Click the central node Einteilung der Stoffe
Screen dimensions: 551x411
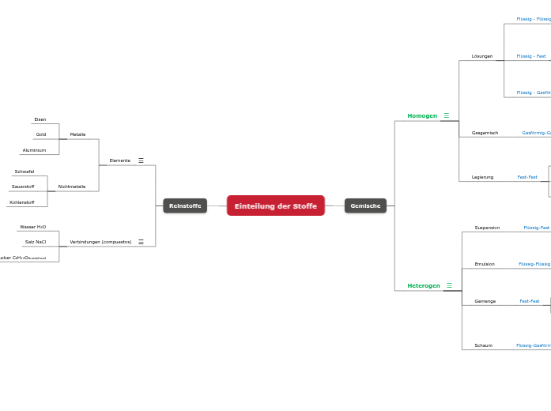coord(275,205)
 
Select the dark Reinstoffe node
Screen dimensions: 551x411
coord(185,205)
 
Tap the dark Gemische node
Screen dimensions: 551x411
coord(365,205)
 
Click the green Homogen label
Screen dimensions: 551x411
coord(422,116)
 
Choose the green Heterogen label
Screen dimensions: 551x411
coord(424,285)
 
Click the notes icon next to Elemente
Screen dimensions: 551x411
coord(141,160)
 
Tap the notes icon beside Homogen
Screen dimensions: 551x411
coord(446,116)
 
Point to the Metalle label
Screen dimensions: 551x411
coord(77,134)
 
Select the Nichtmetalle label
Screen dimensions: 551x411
coord(72,187)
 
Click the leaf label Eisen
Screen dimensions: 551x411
coord(40,119)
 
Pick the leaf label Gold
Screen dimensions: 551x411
coord(41,134)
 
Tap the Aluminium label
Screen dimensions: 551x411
coord(34,150)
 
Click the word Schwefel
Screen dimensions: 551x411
coord(25,172)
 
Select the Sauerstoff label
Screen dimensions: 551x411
coord(23,187)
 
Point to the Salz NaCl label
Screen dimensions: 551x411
coord(36,242)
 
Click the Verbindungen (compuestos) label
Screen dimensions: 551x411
coord(100,242)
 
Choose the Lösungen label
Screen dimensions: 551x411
coord(482,56)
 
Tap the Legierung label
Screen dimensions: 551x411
coord(482,177)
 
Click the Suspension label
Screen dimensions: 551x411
coord(487,228)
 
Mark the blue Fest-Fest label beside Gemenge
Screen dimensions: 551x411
coord(529,301)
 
